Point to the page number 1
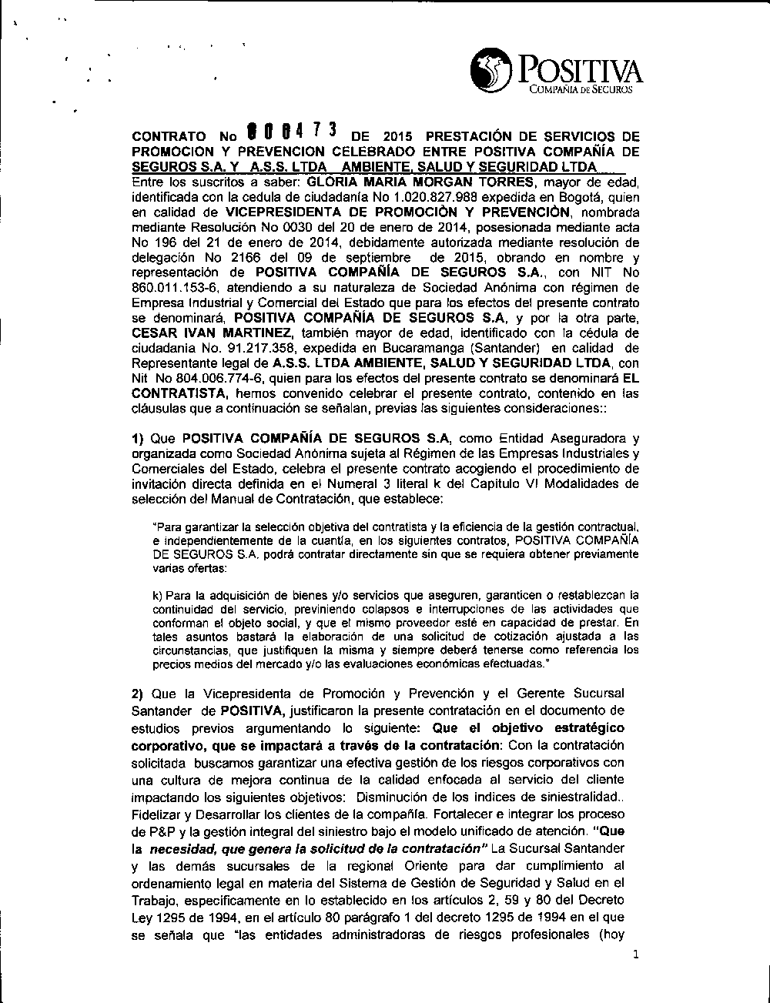click(x=635, y=955)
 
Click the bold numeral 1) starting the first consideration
click(x=139, y=439)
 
